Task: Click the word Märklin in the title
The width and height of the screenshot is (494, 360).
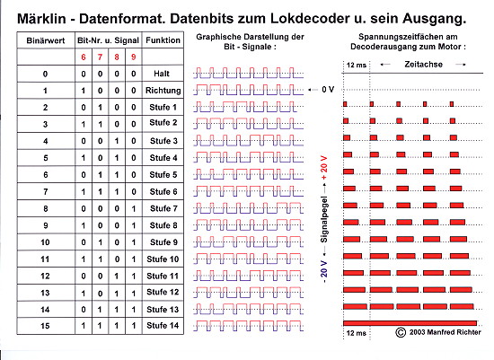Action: coord(41,19)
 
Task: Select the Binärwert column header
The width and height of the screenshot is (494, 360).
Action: coord(46,40)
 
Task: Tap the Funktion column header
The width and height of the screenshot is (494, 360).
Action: coord(163,40)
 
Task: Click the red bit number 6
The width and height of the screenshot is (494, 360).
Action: coord(84,57)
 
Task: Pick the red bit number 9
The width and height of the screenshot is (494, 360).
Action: coord(134,57)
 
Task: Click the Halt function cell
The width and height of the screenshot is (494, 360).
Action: coord(162,74)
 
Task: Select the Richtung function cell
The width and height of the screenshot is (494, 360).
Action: coord(163,91)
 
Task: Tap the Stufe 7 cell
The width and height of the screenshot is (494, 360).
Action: coord(163,208)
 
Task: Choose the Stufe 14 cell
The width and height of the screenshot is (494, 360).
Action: coord(163,325)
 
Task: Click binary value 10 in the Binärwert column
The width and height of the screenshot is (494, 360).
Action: coord(46,242)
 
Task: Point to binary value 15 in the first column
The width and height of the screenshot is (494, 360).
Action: coord(46,326)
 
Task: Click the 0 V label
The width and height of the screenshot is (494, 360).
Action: coord(328,90)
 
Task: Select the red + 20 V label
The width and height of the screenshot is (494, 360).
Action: coord(324,168)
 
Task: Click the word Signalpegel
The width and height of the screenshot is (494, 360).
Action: coord(324,220)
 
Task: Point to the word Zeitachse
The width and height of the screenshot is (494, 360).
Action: coord(423,65)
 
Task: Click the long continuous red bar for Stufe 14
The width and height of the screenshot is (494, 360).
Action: coord(410,323)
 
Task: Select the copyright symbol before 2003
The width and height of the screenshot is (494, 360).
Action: coord(401,332)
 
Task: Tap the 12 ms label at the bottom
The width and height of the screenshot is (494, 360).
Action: coord(356,333)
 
